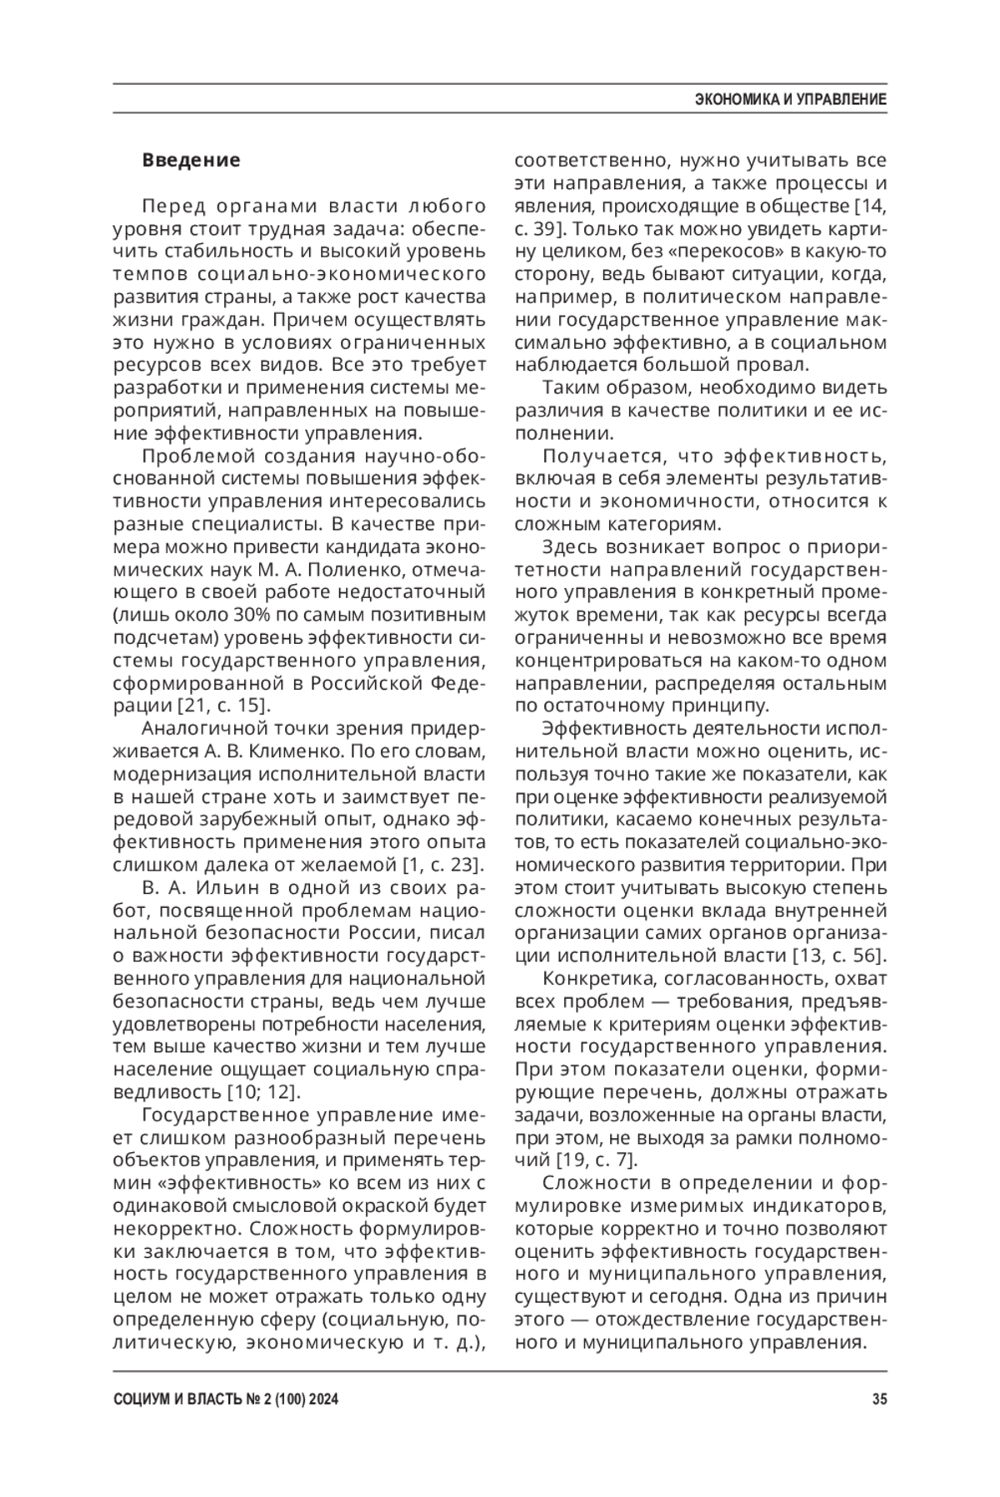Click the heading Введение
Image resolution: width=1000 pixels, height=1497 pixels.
[x=191, y=160]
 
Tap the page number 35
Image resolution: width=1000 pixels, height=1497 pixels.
[x=879, y=1400]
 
